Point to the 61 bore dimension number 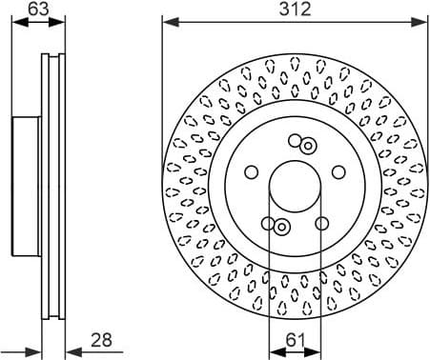click(297, 339)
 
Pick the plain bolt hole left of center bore click(252, 172)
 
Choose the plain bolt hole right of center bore click(339, 171)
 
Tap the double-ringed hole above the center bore click(308, 146)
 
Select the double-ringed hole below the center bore click(282, 226)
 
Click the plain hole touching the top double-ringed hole click(295, 141)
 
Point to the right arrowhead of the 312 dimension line click(424, 20)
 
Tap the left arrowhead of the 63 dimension click(12, 20)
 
